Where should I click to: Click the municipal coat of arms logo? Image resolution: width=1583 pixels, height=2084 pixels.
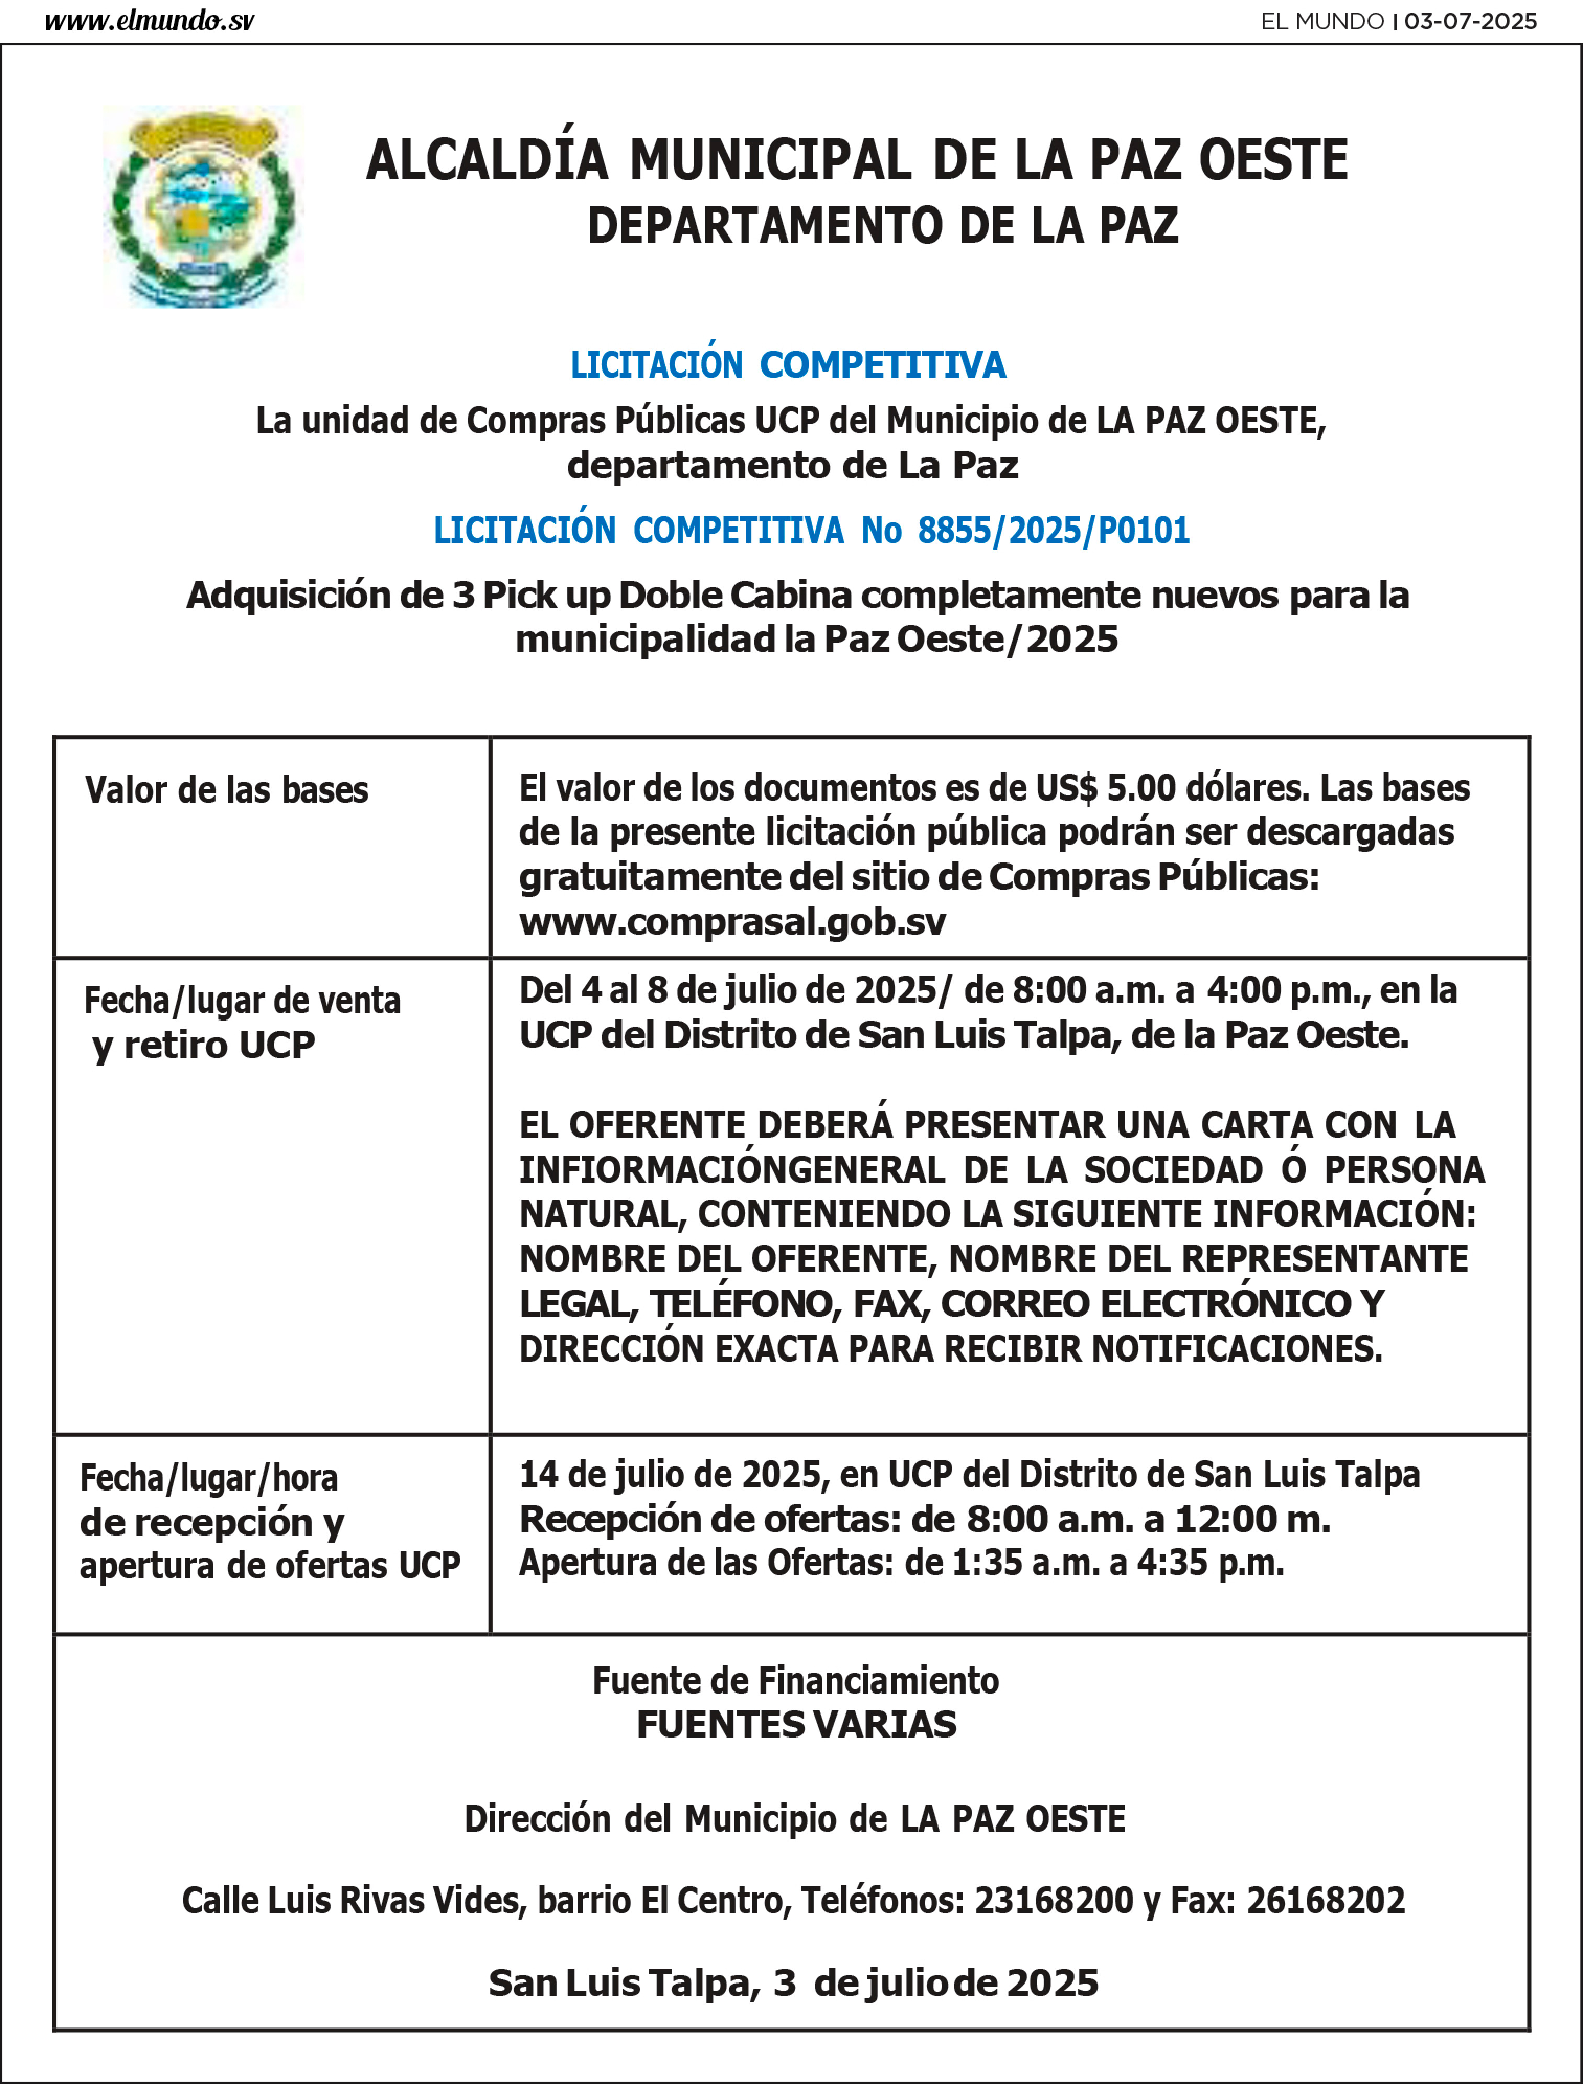coord(202,206)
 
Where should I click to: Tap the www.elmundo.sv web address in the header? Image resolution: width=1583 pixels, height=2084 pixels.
coord(149,21)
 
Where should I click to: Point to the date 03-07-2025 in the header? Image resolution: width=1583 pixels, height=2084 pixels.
coord(1470,21)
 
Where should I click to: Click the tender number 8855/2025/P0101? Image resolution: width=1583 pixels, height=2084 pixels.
coord(1053,531)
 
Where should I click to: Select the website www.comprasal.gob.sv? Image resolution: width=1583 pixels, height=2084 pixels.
coord(732,922)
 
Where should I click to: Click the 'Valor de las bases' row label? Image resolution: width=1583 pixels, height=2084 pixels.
coord(226,790)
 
